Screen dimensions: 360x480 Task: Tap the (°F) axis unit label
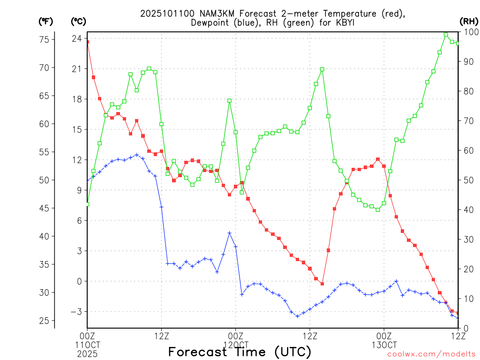coord(46,21)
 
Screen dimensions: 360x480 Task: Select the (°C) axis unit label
coord(78,21)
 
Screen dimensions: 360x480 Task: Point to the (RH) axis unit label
coord(469,21)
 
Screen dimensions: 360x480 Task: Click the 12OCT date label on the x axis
coord(236,345)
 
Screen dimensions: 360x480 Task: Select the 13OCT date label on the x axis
coord(384,345)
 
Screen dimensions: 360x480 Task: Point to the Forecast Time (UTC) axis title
coord(240,352)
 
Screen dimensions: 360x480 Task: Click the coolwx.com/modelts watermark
coord(432,354)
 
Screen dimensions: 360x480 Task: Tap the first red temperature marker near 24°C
coord(87,42)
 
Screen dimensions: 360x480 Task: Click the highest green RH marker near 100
coord(446,34)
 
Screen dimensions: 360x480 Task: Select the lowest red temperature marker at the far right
coord(458,313)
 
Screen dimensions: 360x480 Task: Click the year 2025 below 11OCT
coord(87,353)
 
